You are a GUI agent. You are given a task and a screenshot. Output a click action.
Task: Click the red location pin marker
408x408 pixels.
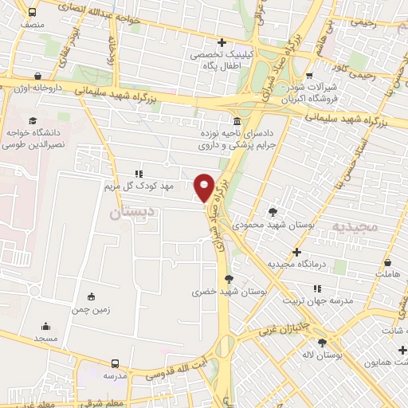204,187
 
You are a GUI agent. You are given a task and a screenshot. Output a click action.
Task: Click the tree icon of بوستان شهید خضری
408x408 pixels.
229,278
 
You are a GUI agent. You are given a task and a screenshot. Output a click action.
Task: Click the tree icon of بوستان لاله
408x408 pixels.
322,343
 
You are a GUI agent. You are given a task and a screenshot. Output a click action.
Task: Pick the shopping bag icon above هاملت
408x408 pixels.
387,262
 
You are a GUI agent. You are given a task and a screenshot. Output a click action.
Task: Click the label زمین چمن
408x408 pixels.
92,308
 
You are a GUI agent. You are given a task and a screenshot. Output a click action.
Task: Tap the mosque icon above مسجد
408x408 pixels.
45,326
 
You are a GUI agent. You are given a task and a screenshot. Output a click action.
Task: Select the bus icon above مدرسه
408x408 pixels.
116,363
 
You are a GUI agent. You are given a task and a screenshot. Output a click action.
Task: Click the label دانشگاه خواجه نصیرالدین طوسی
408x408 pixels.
30,135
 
